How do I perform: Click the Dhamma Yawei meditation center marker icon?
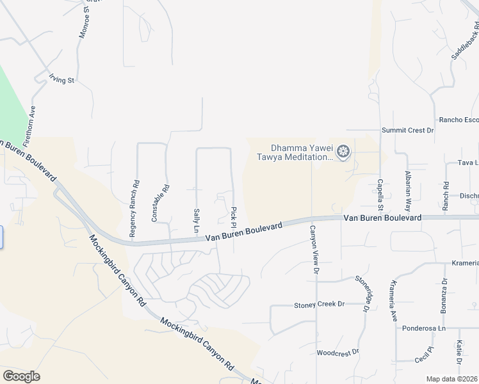click(343, 152)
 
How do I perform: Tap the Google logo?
click(21, 376)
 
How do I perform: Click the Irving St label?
click(62, 80)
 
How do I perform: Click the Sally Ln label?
click(197, 220)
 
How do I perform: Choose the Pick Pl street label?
click(234, 217)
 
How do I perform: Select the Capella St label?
click(380, 194)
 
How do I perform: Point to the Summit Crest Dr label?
click(408, 130)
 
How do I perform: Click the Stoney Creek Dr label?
click(319, 305)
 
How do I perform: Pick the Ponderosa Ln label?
click(427, 328)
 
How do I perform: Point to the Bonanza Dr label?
click(444, 295)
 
